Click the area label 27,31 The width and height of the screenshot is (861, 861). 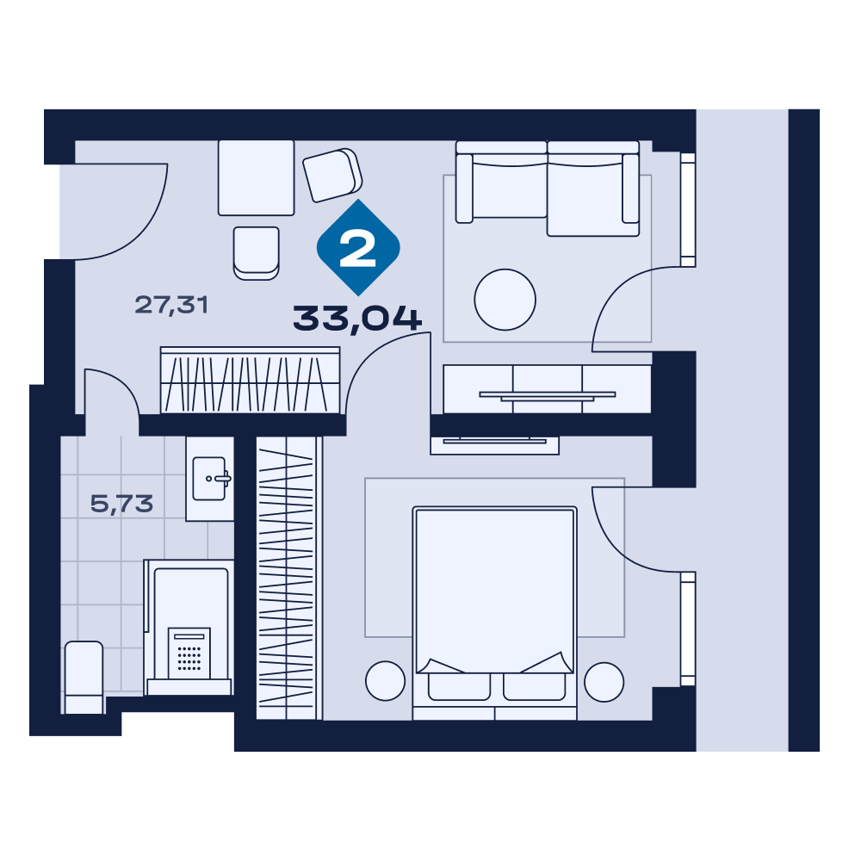coord(171,305)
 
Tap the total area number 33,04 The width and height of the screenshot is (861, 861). coord(357,319)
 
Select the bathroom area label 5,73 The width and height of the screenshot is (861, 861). coord(121,504)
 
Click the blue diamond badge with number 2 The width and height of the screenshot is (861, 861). coord(358,248)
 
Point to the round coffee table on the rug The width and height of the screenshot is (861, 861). coord(505,300)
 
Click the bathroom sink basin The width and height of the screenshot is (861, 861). coord(210,479)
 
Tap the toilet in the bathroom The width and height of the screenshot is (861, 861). coord(84,677)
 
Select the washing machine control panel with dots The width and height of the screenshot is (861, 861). coord(189,653)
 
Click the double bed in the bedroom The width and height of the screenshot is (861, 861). coord(494,613)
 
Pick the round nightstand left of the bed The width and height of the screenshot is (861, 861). coord(385,681)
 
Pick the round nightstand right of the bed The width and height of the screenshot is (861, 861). coord(604,682)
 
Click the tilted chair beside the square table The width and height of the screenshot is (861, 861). coord(332,175)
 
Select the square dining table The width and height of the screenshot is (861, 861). coord(256,178)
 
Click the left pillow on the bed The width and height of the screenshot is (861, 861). coord(459,687)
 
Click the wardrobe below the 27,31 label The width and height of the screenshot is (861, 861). coord(250,380)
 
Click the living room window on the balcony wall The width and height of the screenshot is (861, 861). coord(688,210)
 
